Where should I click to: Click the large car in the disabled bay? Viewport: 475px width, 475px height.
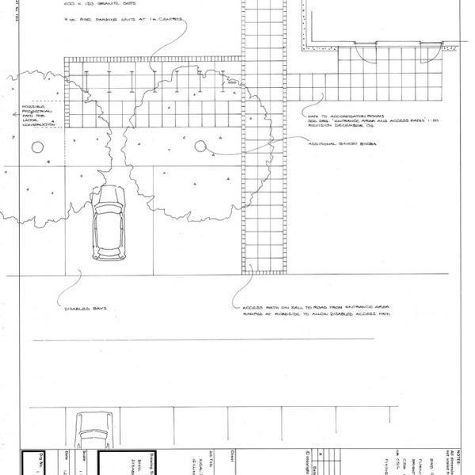point(108,226)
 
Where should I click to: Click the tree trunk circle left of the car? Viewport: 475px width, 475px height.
point(36,146)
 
